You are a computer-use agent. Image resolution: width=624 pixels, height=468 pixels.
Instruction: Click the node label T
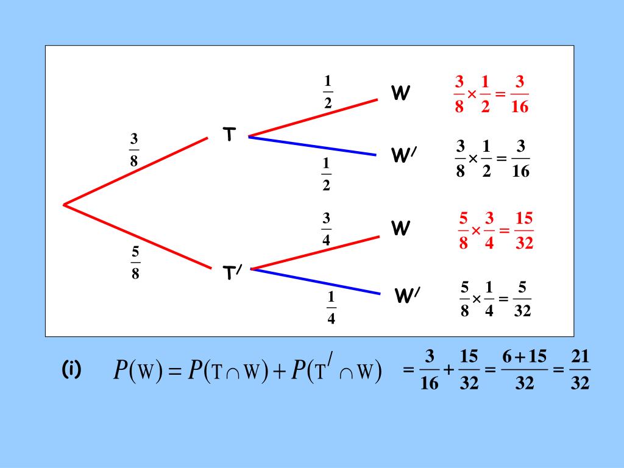click(229, 134)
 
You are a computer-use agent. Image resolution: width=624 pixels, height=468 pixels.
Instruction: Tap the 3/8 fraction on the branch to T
click(134, 150)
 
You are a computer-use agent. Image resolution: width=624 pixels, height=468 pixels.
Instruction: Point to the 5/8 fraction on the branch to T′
click(135, 262)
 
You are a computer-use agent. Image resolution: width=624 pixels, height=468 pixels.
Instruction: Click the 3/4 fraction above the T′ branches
click(327, 229)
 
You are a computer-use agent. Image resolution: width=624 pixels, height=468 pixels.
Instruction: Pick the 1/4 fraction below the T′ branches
click(331, 308)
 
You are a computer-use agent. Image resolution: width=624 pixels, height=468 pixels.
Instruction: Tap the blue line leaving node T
click(312, 146)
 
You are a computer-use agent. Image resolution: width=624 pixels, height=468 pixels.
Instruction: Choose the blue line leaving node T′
click(316, 282)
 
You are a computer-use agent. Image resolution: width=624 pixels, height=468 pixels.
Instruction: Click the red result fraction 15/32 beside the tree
click(524, 231)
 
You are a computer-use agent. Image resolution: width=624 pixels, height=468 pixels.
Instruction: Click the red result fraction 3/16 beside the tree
click(520, 94)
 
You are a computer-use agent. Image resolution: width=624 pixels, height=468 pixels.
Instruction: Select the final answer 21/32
click(580, 370)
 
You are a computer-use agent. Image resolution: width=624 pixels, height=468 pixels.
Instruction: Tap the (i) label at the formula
click(71, 369)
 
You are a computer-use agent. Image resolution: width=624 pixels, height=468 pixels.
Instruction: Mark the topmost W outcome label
click(400, 93)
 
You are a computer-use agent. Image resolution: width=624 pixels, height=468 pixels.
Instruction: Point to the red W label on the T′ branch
click(400, 229)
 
